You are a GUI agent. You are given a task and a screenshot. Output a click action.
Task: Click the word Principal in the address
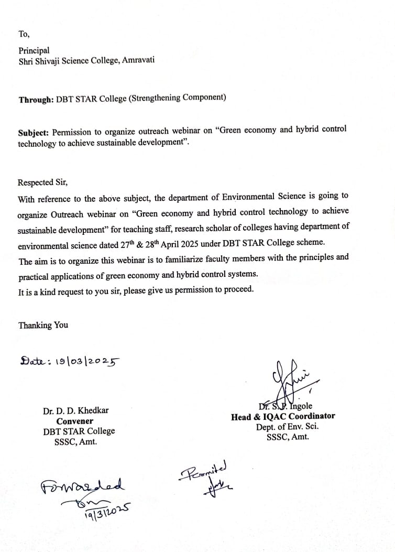[x=34, y=50]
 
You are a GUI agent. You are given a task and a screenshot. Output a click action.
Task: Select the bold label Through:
[x=35, y=99]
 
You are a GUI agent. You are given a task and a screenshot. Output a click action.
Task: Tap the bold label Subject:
[x=34, y=133]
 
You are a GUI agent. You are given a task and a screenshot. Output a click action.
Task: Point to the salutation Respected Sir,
[x=43, y=182]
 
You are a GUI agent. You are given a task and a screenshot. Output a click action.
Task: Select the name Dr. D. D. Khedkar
[x=76, y=411]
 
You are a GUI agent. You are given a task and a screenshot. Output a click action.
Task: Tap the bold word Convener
[x=75, y=421]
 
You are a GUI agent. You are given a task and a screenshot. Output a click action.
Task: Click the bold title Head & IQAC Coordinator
[x=283, y=417]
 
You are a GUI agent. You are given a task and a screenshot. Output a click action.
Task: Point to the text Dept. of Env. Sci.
[x=287, y=427]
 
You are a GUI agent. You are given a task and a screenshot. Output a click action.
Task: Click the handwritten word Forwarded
[x=83, y=485]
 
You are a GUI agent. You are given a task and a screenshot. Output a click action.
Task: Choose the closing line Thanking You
[x=43, y=325]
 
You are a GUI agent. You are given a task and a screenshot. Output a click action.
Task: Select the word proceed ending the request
[x=238, y=289]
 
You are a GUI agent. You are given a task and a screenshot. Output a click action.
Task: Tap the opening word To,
[x=24, y=34]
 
